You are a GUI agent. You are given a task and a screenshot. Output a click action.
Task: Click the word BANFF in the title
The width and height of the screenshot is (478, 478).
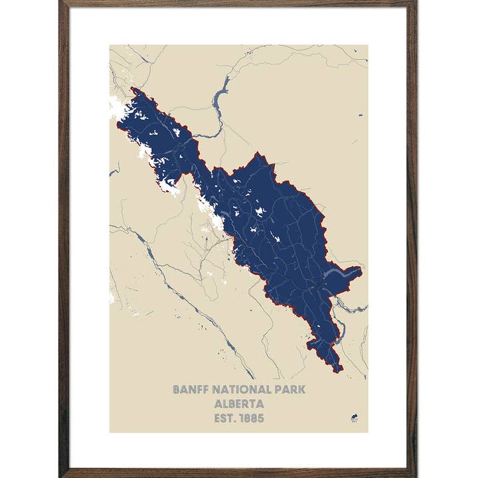(x=189, y=389)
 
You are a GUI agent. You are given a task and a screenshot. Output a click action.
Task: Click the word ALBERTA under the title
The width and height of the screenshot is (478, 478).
(x=239, y=404)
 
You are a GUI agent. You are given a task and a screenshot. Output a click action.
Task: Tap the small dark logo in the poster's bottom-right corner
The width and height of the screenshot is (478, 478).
(x=353, y=418)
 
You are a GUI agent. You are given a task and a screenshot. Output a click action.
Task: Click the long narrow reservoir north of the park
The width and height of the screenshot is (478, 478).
(x=220, y=100)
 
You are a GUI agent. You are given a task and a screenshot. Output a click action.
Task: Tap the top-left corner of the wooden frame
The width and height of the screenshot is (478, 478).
(x=62, y=3)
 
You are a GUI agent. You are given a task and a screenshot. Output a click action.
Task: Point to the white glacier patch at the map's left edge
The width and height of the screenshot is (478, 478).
(x=112, y=297)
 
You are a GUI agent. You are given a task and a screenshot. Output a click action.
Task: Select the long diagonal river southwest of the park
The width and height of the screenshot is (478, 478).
(x=193, y=305)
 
